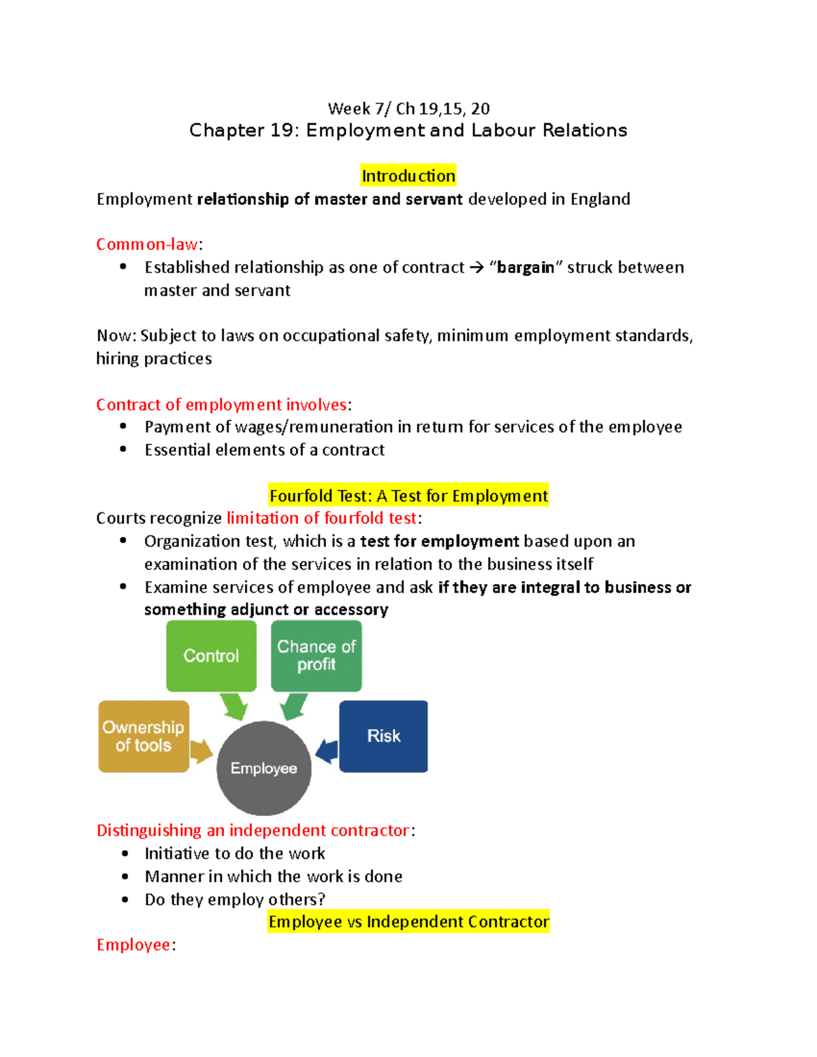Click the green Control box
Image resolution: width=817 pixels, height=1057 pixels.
(x=211, y=655)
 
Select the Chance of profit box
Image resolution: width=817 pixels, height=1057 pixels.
(x=317, y=655)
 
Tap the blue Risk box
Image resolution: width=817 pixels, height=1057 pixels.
(x=383, y=736)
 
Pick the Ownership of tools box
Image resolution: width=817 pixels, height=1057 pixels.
(x=144, y=736)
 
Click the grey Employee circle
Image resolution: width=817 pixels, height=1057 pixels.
(x=263, y=768)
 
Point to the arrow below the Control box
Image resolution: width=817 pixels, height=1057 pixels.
(x=234, y=706)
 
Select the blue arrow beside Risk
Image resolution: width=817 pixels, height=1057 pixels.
(x=327, y=751)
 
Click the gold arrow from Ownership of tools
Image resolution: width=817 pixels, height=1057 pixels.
(x=201, y=751)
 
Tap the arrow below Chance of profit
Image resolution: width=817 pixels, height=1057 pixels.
(x=294, y=706)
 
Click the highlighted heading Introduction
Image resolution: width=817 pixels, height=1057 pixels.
(x=408, y=176)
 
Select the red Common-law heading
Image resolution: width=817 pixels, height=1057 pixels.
(x=147, y=244)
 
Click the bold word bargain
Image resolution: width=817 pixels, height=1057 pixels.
(x=525, y=267)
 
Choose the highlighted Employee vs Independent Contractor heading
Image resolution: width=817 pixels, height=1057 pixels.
(x=408, y=922)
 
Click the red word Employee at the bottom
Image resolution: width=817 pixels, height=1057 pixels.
(x=133, y=945)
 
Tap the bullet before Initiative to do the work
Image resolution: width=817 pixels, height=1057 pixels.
(x=125, y=853)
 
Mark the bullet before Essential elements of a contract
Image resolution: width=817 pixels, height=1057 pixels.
(x=123, y=449)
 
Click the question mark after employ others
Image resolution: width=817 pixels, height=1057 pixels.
(x=321, y=899)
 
